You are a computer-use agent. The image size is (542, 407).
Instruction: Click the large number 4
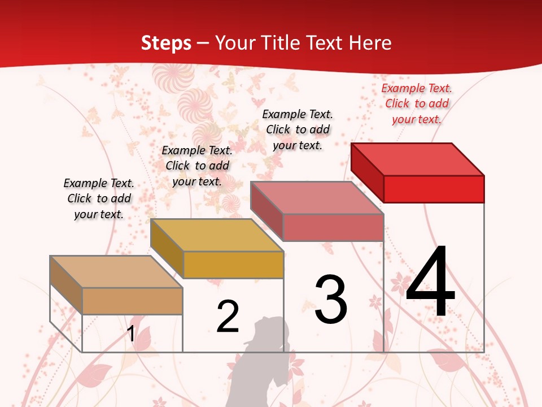coord(430,283)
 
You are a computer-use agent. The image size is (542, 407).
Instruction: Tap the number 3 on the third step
coord(331,299)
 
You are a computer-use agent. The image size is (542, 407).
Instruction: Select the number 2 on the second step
coord(228,317)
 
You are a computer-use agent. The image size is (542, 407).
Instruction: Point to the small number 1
coord(131,334)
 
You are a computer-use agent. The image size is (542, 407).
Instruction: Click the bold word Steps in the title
coord(166,43)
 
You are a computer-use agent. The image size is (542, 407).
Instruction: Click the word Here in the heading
coord(370,43)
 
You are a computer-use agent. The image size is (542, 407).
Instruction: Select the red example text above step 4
coord(417,103)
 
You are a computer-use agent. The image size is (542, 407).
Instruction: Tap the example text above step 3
coord(298,129)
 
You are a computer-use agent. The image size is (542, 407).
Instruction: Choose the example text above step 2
coord(197,166)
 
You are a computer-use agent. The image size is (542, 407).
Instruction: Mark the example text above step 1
coord(99,198)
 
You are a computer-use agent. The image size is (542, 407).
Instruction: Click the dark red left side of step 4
coord(367,170)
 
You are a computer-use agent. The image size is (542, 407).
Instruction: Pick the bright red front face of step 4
coord(434,189)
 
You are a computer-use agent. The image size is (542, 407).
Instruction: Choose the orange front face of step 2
coord(233,265)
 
